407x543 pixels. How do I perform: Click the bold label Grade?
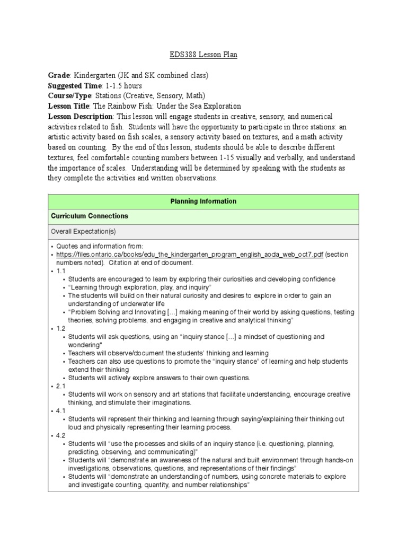click(x=59, y=75)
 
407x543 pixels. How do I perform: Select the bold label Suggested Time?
click(x=74, y=85)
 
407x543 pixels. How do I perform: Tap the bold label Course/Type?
click(x=70, y=95)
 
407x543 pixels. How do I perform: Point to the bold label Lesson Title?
click(x=69, y=106)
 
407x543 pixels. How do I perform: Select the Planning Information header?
click(x=203, y=202)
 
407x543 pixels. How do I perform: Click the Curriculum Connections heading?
click(x=89, y=216)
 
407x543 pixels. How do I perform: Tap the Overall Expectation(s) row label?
click(x=83, y=232)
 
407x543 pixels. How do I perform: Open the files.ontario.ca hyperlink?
click(x=190, y=255)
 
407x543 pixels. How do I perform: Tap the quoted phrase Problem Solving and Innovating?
click(x=115, y=312)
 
